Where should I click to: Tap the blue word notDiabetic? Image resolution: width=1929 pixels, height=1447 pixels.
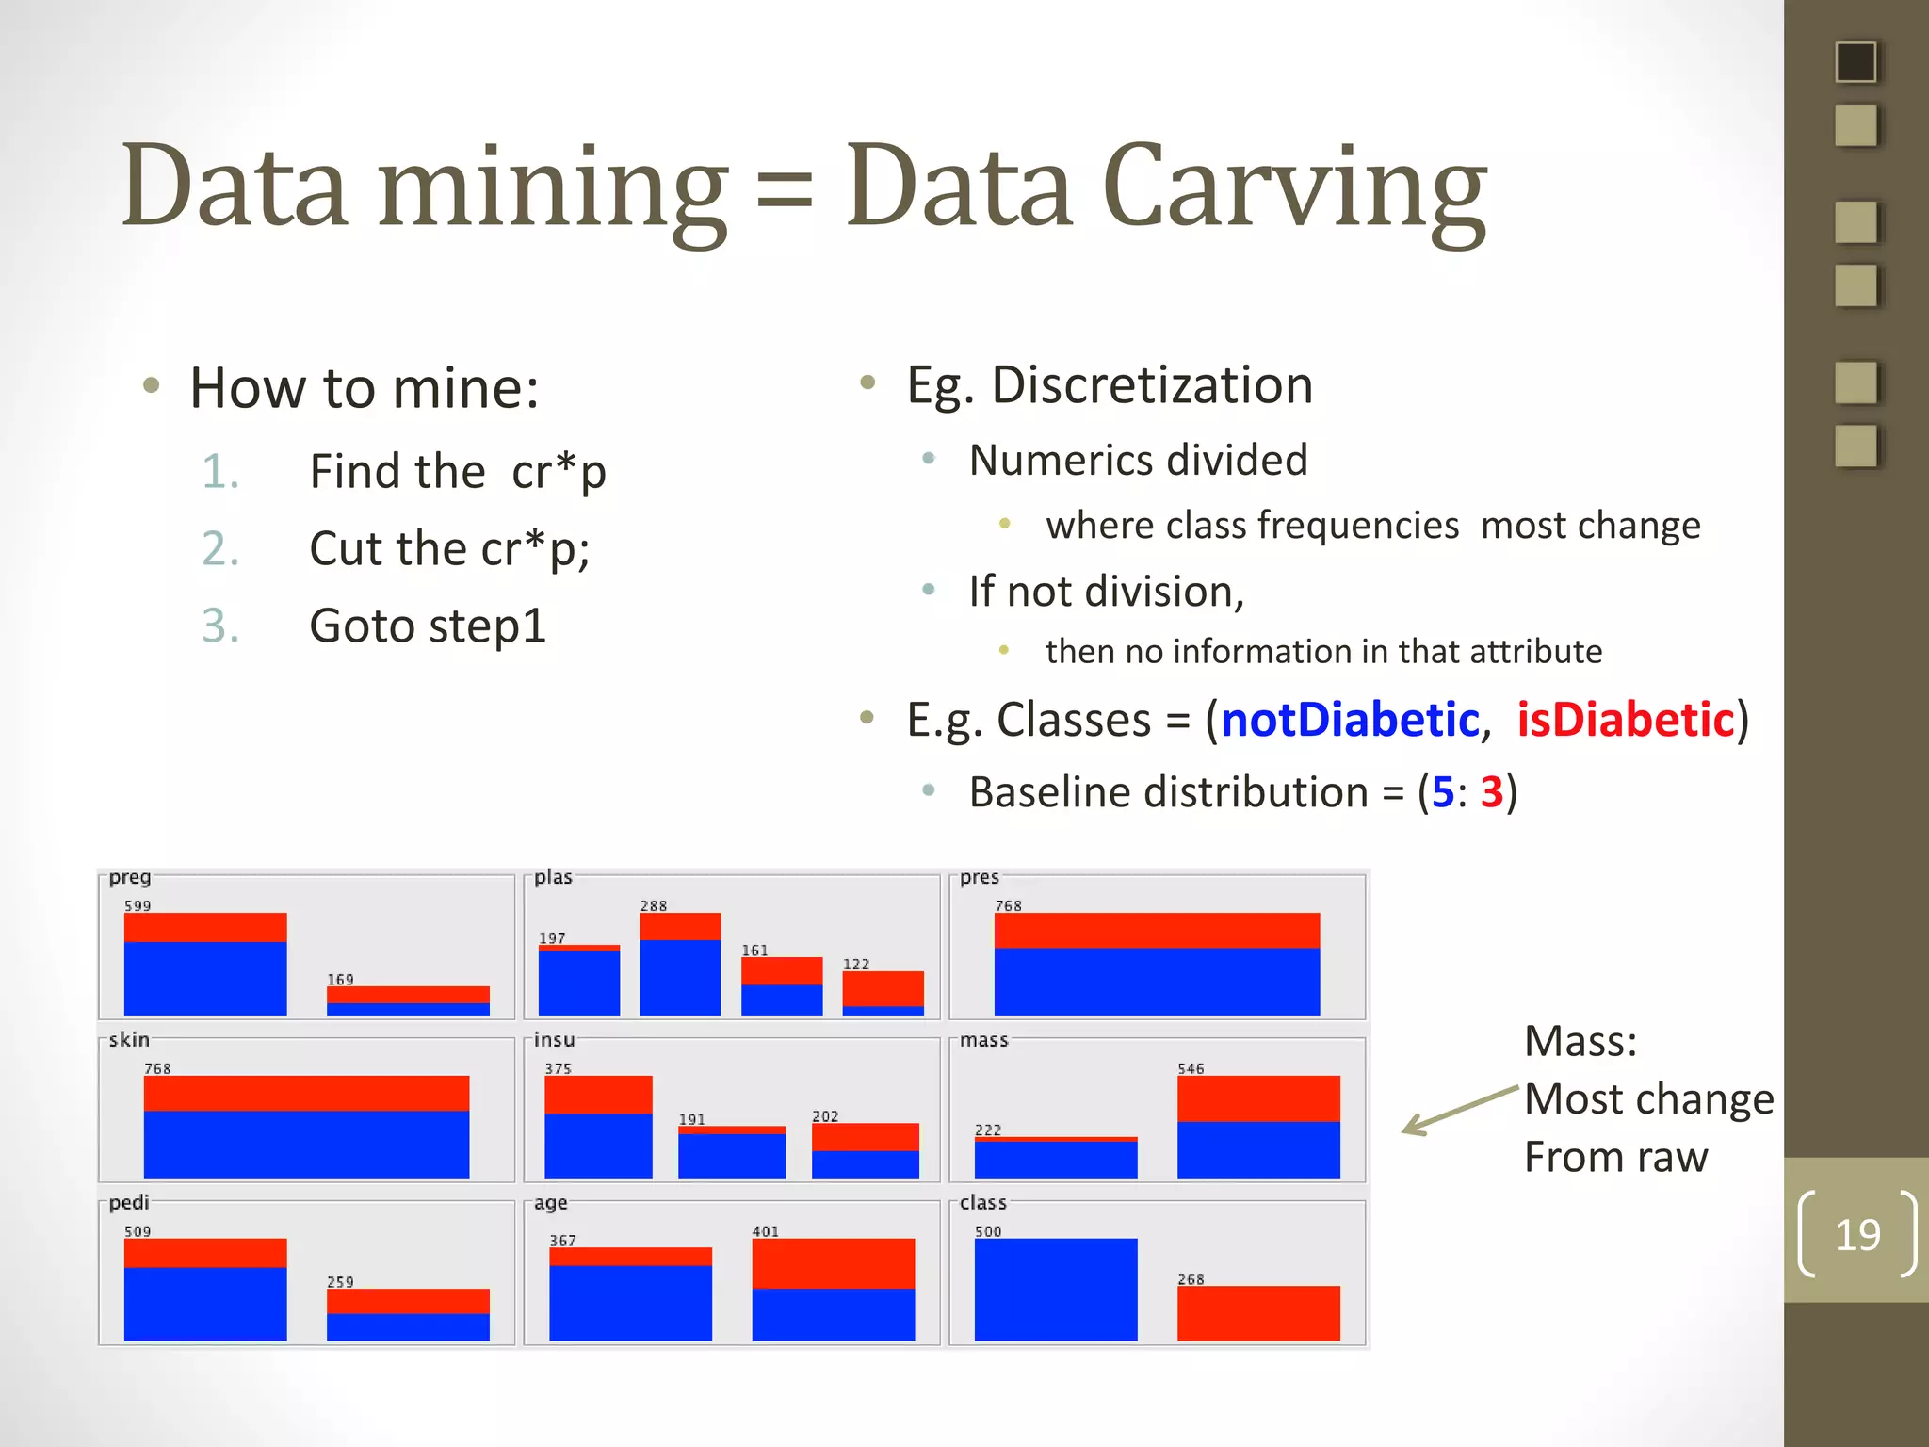point(1349,720)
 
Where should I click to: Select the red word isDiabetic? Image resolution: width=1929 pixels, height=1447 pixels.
point(1625,720)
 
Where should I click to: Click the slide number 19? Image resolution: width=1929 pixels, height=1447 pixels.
point(1856,1234)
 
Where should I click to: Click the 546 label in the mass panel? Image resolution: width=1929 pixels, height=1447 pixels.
point(1191,1068)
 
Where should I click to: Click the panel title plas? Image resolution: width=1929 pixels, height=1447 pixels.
point(553,877)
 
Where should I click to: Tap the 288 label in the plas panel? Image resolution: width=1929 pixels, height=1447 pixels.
point(654,905)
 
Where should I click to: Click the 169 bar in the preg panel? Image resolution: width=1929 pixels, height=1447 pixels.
point(407,1000)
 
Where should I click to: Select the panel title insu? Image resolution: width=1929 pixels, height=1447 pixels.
point(554,1039)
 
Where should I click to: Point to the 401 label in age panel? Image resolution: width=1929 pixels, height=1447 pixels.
point(765,1231)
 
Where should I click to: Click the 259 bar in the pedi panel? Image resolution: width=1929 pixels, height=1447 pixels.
point(407,1314)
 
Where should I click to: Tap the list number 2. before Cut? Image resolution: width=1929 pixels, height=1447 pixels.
point(220,548)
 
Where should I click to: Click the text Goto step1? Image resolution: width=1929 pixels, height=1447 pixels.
point(428,626)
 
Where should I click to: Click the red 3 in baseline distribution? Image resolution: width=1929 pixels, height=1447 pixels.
point(1491,791)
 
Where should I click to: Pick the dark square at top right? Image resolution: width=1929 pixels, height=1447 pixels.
point(1856,62)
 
